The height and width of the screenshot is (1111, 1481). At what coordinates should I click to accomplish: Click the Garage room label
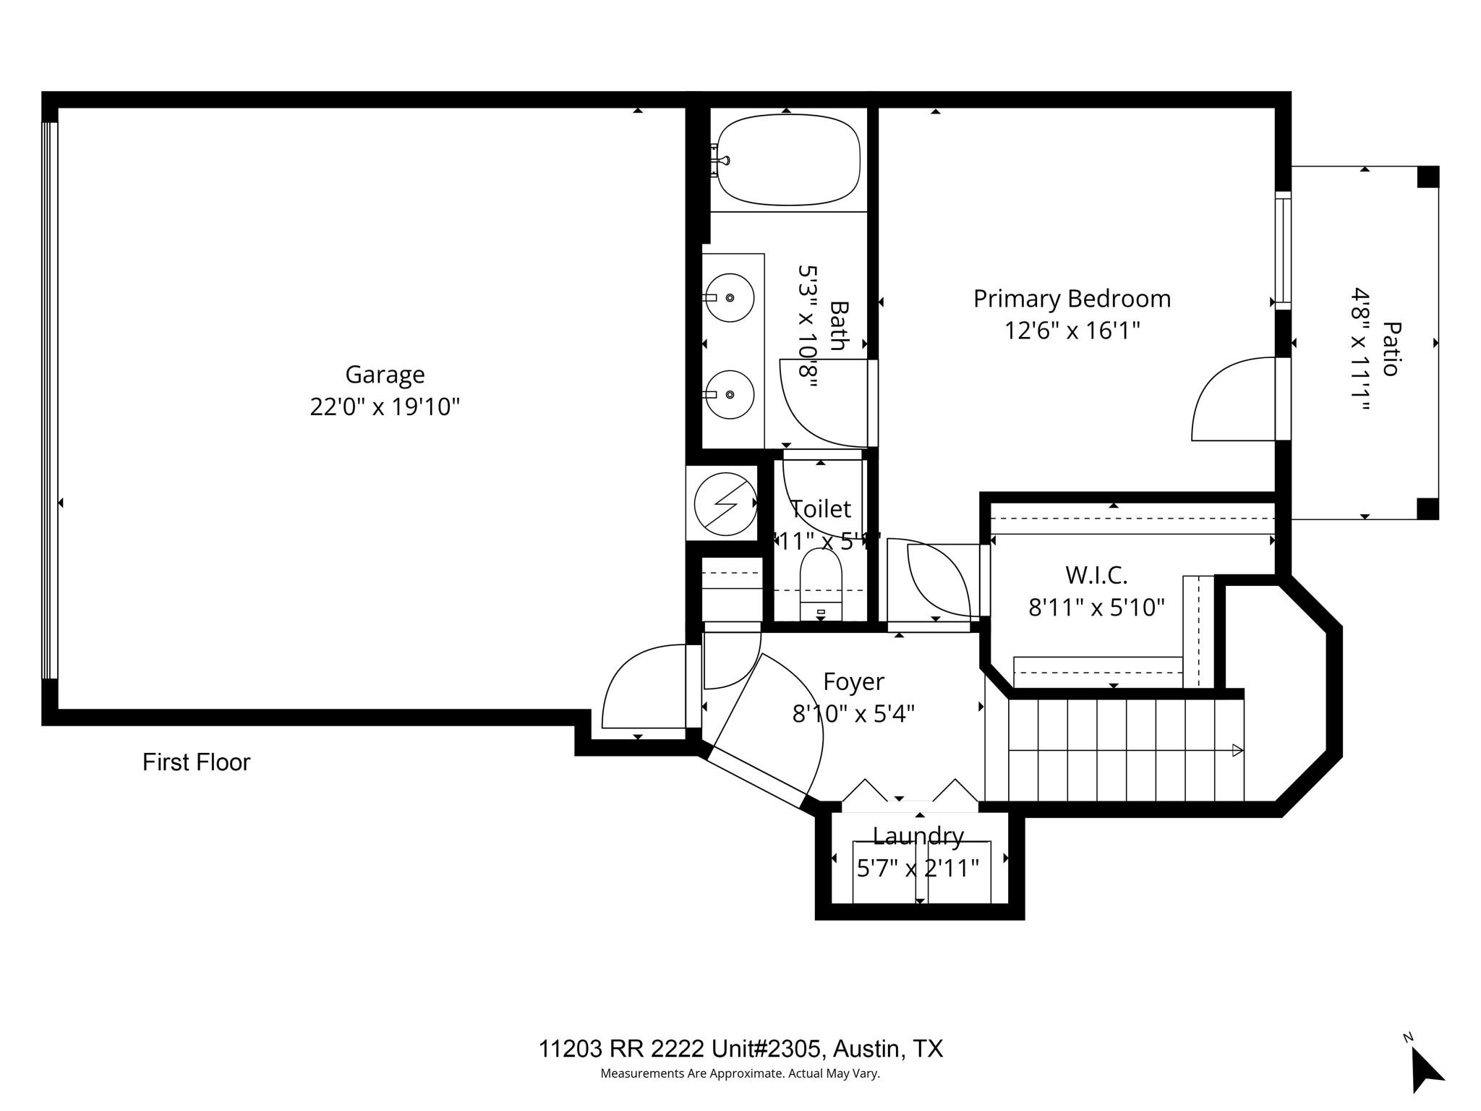tap(384, 375)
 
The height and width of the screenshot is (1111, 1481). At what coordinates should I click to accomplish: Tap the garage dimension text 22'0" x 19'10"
tap(384, 407)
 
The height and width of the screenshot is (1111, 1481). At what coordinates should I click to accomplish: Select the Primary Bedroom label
tap(1071, 299)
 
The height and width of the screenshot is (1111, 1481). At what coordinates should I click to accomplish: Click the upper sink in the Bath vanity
tap(730, 297)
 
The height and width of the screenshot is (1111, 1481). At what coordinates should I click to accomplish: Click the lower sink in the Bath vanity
tap(730, 394)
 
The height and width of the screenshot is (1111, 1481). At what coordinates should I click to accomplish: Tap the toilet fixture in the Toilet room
tap(821, 579)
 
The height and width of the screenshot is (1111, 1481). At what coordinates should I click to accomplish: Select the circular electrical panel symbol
tap(725, 503)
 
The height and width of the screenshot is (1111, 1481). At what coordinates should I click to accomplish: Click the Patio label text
tap(1389, 349)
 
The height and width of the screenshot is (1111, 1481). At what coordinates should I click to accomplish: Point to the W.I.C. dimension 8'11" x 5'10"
tap(1096, 608)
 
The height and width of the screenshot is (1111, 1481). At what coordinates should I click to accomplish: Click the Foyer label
tap(853, 681)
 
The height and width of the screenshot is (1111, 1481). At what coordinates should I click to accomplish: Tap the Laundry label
tap(918, 836)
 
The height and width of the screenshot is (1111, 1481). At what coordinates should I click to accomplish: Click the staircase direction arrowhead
tap(1237, 750)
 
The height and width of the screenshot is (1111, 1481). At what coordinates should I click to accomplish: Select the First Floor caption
tap(196, 762)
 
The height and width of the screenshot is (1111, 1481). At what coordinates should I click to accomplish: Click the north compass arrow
tap(1426, 1070)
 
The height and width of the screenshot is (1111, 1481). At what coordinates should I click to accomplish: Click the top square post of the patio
tap(1427, 177)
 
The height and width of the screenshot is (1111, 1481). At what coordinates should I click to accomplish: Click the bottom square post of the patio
tap(1427, 508)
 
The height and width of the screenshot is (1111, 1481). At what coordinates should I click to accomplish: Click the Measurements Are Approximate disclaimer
tap(740, 1073)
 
